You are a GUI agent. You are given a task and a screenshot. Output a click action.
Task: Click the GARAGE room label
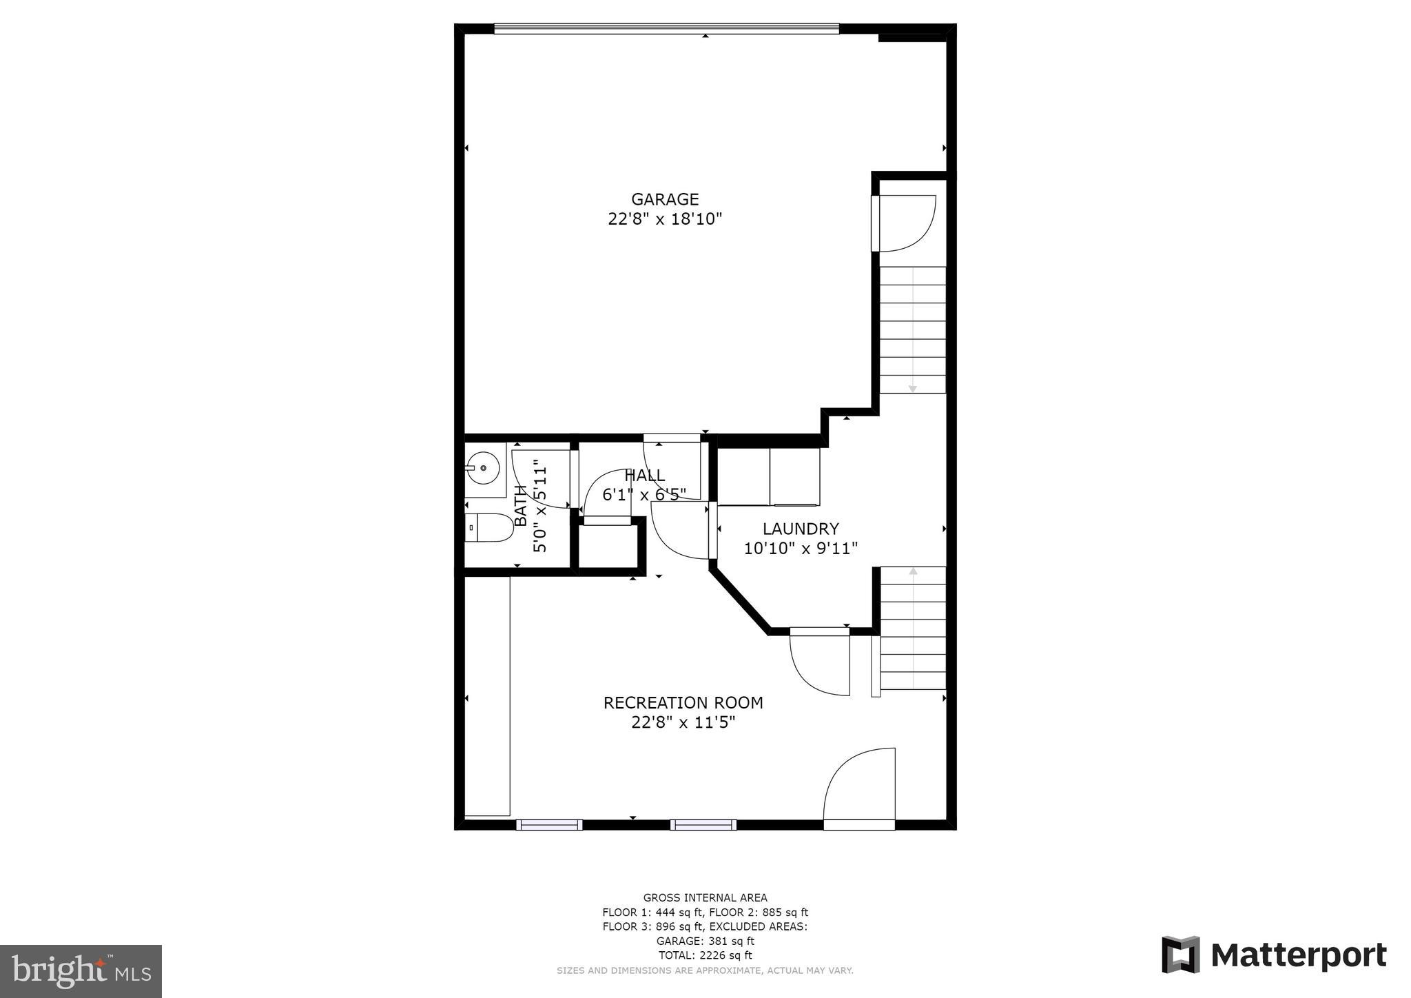[665, 199]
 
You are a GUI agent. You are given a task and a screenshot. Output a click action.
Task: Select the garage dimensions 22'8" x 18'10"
[665, 219]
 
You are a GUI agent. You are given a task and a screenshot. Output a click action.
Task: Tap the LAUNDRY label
[801, 529]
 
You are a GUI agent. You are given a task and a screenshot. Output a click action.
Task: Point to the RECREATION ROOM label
[683, 702]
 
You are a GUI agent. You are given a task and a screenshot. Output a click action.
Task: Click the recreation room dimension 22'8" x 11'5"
[683, 722]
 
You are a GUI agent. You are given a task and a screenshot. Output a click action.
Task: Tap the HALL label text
[645, 475]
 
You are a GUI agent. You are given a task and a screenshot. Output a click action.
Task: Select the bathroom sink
[484, 469]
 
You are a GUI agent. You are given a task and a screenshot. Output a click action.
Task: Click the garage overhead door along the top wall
[666, 28]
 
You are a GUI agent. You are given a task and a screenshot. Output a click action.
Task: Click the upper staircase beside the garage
[912, 329]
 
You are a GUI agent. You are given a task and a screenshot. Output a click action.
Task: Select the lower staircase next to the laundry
[913, 627]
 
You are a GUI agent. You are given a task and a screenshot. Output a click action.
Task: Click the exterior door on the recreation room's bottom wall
[859, 824]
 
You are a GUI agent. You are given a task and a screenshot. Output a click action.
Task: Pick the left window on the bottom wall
[549, 824]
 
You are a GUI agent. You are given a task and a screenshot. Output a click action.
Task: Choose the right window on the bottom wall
[703, 824]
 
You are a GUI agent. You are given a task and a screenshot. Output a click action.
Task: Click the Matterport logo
[1274, 955]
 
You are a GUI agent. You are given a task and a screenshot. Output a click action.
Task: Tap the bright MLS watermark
[81, 972]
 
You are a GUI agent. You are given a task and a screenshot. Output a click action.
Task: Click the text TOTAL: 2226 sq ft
[705, 955]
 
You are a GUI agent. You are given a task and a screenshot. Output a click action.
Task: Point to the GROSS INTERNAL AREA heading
[705, 897]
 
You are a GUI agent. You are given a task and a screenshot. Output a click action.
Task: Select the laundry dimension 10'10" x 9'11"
[801, 549]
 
